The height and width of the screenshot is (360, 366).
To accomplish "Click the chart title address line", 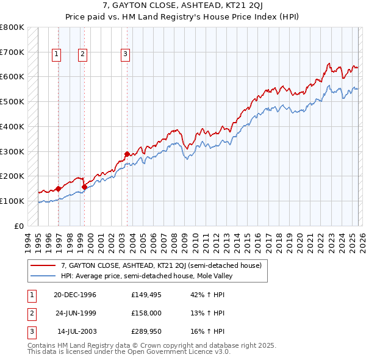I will (183, 6).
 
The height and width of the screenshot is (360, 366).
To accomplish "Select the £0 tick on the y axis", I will (19, 226).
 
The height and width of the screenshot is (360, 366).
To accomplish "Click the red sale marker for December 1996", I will (59, 189).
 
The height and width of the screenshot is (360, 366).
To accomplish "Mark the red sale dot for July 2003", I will (127, 154).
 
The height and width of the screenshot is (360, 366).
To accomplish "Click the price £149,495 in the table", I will (145, 295).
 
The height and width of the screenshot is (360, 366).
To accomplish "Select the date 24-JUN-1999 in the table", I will (75, 313).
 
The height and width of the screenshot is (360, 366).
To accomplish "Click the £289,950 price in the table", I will (145, 331).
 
